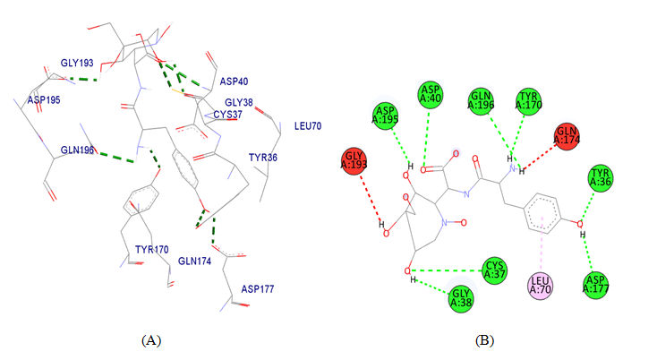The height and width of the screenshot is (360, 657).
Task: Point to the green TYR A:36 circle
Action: tap(601, 178)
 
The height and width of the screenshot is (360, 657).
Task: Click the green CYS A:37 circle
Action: tap(495, 269)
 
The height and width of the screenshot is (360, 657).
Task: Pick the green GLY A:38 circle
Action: tap(461, 296)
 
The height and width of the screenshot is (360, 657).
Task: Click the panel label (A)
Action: tap(150, 340)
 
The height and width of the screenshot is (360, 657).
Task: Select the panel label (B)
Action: tap(483, 340)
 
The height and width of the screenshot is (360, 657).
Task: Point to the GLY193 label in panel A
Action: tap(78, 64)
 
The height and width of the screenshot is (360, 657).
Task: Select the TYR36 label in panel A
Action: tap(263, 158)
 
